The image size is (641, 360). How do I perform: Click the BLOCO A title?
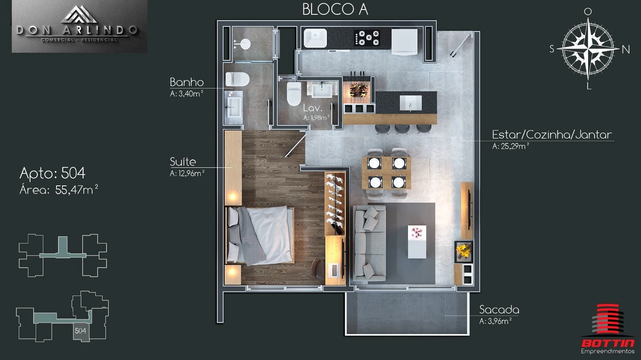(x=335, y=10)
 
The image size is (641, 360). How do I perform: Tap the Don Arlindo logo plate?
(x=80, y=26)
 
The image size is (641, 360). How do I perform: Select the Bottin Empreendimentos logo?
(x=608, y=329)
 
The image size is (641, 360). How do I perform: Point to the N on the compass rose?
(x=626, y=50)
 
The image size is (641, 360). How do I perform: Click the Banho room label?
(x=186, y=82)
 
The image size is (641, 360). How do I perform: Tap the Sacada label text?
(x=499, y=310)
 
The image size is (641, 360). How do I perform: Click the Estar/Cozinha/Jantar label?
(x=552, y=135)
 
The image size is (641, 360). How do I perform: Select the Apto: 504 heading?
(x=52, y=173)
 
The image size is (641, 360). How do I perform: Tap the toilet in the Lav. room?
(x=294, y=93)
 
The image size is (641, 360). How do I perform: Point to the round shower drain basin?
(x=245, y=44)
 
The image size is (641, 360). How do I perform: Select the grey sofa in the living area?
(x=370, y=243)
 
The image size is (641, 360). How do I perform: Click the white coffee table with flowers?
(x=417, y=242)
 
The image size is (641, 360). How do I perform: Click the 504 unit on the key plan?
(x=81, y=331)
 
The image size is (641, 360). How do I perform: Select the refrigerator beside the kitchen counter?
(x=404, y=42)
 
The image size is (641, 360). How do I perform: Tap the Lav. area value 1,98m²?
(x=316, y=118)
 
